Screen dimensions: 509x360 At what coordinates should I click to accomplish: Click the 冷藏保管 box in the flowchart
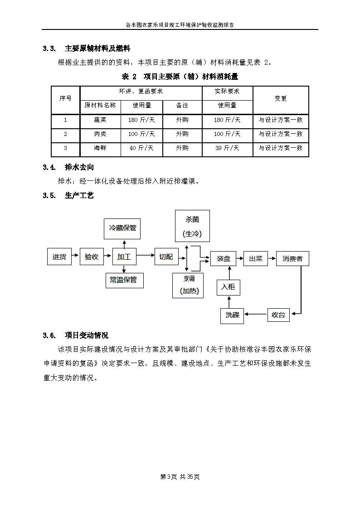(x=122, y=228)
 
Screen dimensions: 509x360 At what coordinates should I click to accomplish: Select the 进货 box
(x=59, y=257)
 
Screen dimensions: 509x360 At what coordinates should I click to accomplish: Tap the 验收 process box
(x=92, y=257)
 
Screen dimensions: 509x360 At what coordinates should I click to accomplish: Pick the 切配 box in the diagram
(x=166, y=257)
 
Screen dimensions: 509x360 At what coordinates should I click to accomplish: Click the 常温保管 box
(x=124, y=280)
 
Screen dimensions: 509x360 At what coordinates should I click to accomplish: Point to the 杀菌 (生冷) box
(x=192, y=226)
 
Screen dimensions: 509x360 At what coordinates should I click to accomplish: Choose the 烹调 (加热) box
(x=188, y=285)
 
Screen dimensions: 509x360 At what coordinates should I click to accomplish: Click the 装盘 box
(x=224, y=258)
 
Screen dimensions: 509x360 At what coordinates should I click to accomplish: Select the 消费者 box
(x=292, y=258)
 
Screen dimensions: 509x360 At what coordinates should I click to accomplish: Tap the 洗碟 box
(x=233, y=315)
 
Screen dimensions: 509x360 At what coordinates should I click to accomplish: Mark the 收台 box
(x=278, y=315)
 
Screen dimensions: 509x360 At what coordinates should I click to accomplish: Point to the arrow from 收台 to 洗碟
(x=255, y=315)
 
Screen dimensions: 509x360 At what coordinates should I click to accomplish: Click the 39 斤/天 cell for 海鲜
(x=227, y=148)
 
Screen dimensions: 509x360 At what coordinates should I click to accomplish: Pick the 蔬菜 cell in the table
(x=100, y=120)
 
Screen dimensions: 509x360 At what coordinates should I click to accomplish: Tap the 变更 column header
(x=281, y=98)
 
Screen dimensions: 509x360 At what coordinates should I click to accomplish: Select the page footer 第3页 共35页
(x=180, y=477)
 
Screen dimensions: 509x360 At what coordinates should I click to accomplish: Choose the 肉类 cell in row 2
(x=100, y=134)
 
